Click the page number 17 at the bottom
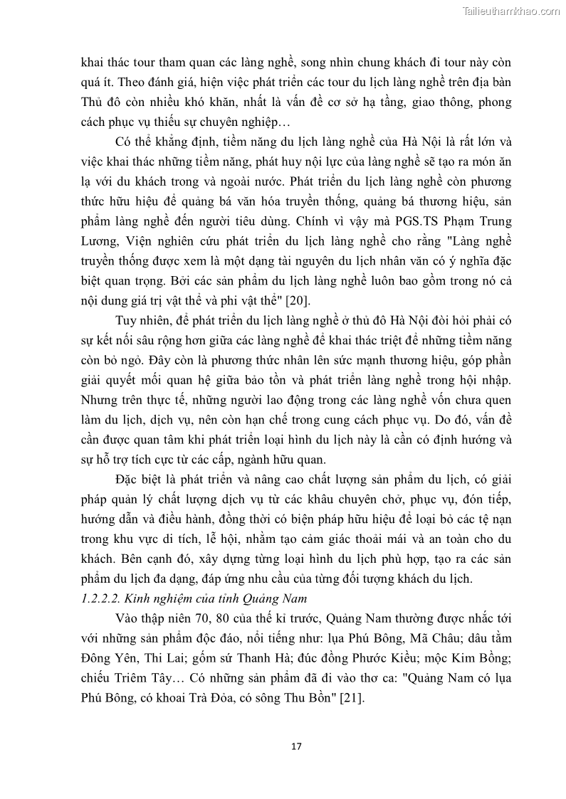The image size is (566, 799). (x=297, y=746)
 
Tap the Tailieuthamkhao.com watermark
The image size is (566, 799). (x=510, y=11)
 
